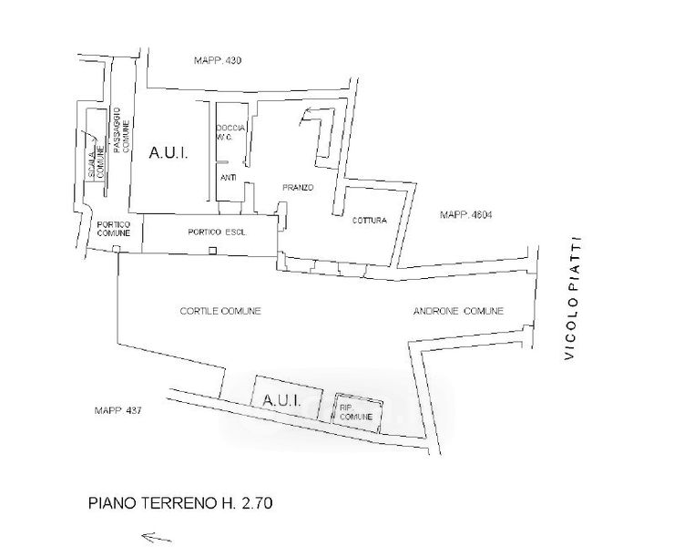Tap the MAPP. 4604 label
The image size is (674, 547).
(465, 215)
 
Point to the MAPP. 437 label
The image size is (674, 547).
(117, 411)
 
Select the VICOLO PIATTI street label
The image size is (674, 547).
(573, 300)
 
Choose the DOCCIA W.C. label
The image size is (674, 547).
(228, 133)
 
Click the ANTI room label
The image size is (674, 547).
(229, 179)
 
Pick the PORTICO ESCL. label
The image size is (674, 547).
(211, 230)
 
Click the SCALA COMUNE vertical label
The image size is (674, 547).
(92, 159)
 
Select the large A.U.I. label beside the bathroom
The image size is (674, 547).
(168, 154)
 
